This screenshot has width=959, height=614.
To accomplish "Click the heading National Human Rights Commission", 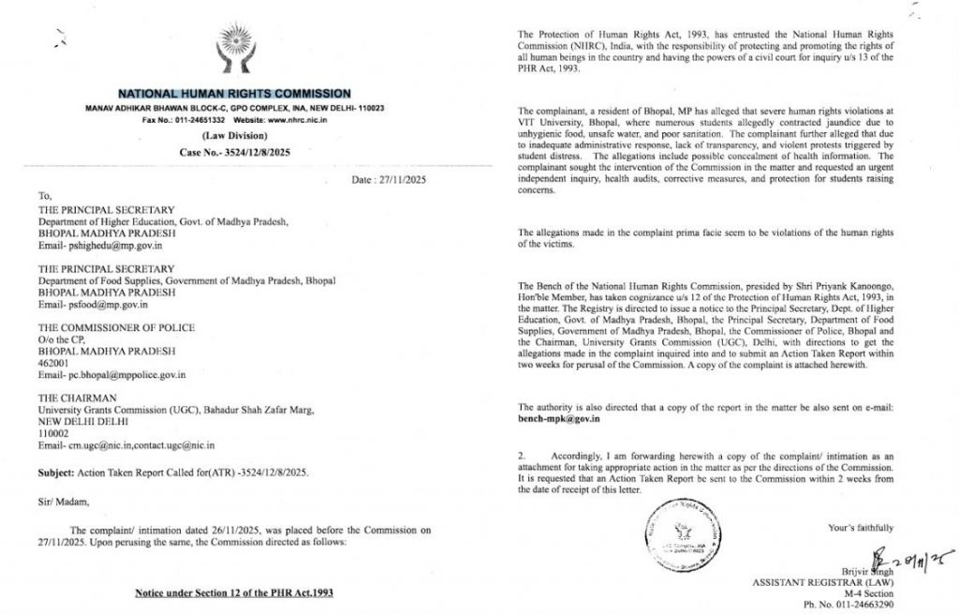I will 233,94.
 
